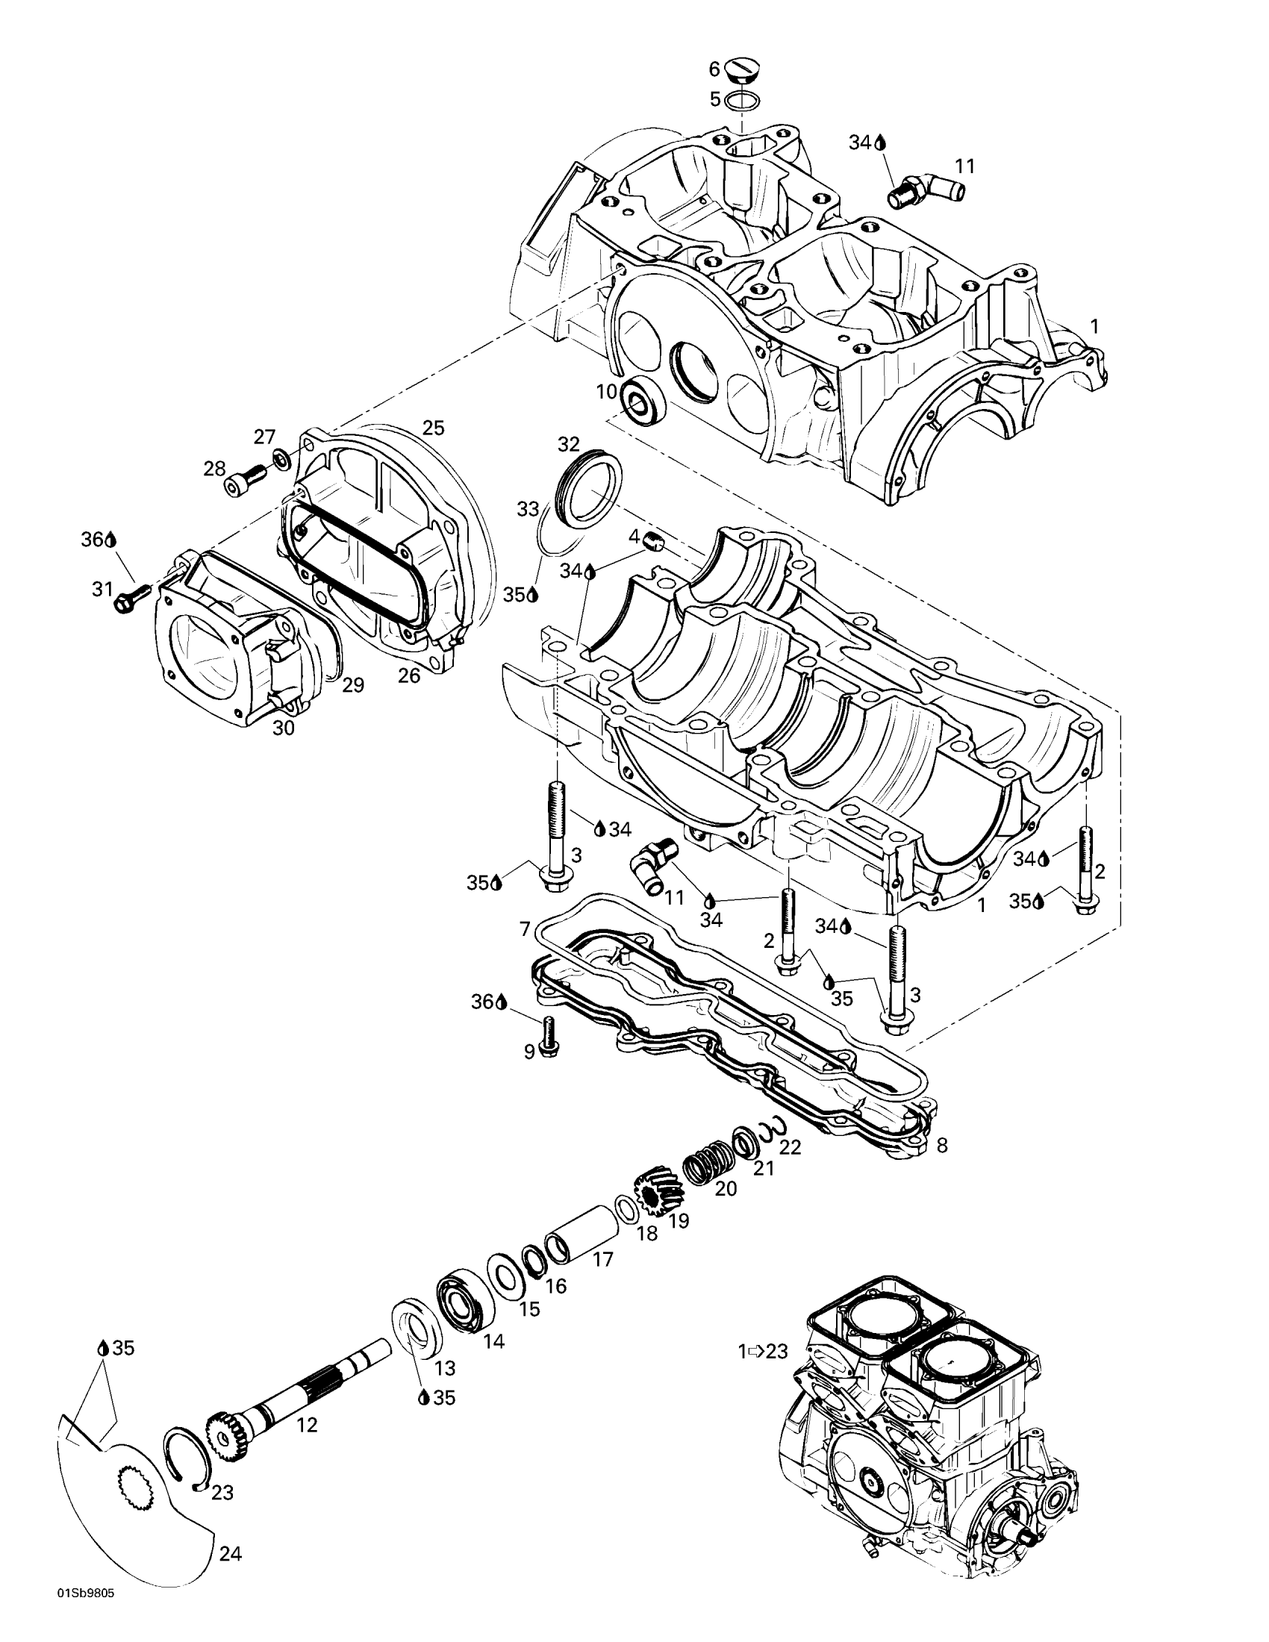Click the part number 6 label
tap(714, 69)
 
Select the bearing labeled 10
tap(640, 399)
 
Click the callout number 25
tap(433, 428)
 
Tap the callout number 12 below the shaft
tap(307, 1425)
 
